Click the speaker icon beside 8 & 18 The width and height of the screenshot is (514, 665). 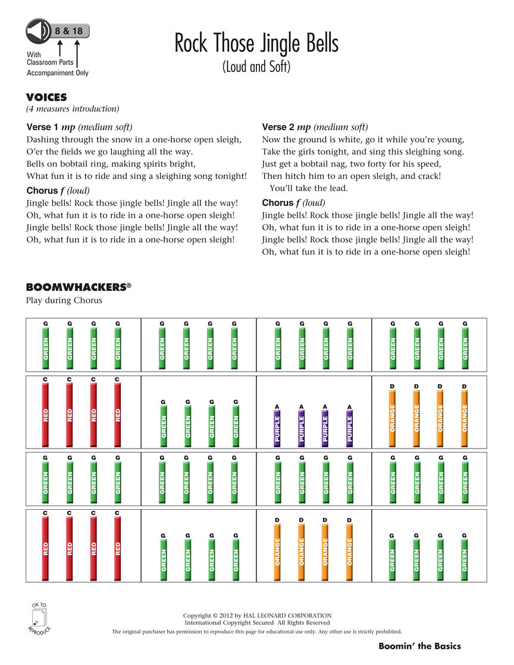click(37, 30)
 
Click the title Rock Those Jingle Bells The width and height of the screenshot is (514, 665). click(256, 43)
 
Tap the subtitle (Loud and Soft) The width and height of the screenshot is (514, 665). click(256, 67)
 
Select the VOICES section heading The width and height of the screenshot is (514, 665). click(46, 98)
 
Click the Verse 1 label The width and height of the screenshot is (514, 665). click(43, 127)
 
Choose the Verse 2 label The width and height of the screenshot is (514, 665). click(278, 127)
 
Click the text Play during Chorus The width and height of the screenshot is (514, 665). click(64, 300)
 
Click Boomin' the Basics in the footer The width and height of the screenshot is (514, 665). click(419, 646)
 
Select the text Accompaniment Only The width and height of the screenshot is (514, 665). click(57, 73)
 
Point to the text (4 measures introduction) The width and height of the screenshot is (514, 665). click(73, 109)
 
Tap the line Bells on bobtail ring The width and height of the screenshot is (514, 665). click(111, 164)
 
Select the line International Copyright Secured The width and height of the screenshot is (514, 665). click(257, 623)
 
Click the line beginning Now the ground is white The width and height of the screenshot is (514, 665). click(363, 140)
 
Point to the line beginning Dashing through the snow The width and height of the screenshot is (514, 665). click(134, 140)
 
